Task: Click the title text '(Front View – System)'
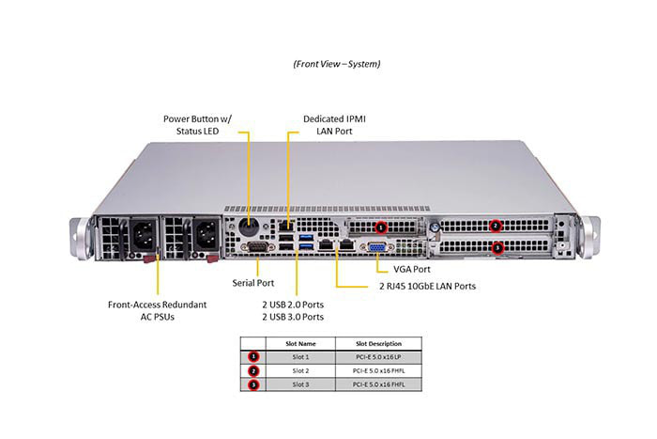(x=337, y=64)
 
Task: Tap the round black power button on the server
(x=250, y=226)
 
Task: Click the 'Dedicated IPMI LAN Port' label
(x=334, y=125)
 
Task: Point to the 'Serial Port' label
(x=253, y=282)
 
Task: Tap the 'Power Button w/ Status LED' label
(x=198, y=125)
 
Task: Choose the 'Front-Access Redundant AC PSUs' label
(x=158, y=310)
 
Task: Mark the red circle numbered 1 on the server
(x=380, y=227)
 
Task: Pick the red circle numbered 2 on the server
(x=496, y=226)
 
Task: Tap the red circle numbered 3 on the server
(x=498, y=247)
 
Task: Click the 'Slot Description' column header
(x=378, y=343)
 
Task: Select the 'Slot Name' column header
(x=300, y=343)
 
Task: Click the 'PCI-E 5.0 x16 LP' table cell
(x=378, y=357)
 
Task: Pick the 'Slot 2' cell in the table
(x=300, y=370)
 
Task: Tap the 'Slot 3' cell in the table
(x=300, y=384)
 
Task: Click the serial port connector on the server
(x=252, y=246)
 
